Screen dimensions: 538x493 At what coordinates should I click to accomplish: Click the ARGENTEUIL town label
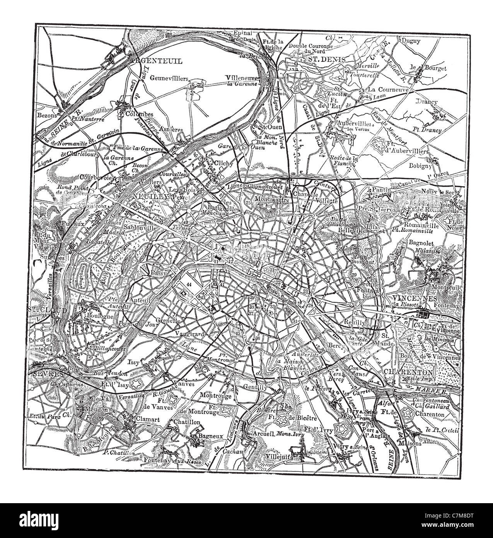(x=152, y=61)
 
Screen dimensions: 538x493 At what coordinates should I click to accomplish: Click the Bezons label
(x=48, y=115)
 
